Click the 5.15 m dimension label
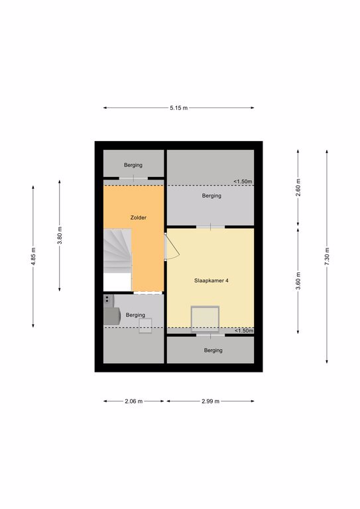178,108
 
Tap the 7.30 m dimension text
327,256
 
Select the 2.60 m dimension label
298,188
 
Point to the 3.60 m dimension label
298,281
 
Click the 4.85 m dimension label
33,256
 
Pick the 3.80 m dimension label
60,236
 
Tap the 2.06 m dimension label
134,401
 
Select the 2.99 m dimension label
211,401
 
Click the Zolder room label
139,217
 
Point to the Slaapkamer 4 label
211,280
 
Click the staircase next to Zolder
117,251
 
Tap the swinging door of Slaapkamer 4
172,246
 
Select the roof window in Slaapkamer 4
205,319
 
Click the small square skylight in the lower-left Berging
145,326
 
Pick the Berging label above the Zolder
133,165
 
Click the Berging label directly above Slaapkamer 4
211,196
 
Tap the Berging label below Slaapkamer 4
213,350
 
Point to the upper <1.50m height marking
243,182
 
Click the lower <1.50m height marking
244,331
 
